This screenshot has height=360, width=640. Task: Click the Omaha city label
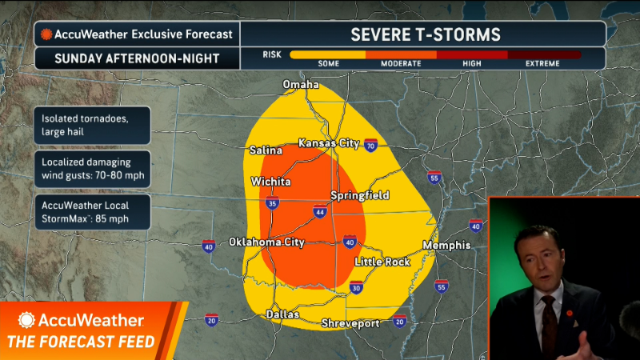click(x=301, y=85)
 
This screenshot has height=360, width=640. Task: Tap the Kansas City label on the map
click(x=327, y=143)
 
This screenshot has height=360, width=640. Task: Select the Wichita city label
click(x=270, y=182)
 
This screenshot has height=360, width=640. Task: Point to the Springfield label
click(x=360, y=195)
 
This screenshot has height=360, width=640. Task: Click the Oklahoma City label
click(x=266, y=242)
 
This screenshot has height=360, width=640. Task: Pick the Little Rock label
click(x=382, y=262)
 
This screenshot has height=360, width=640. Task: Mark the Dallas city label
click(x=282, y=314)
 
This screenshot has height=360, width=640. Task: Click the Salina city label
click(x=266, y=150)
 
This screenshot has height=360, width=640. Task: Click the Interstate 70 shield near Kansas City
click(x=370, y=146)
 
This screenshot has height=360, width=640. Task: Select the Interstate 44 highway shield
click(x=319, y=212)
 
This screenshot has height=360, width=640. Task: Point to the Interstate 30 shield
click(x=355, y=288)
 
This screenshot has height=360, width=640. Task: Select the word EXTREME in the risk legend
click(x=542, y=63)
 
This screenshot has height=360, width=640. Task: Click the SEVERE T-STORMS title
click(x=425, y=34)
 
